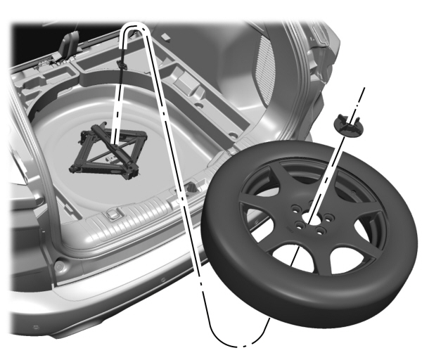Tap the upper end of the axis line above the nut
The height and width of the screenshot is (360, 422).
pos(364,90)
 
